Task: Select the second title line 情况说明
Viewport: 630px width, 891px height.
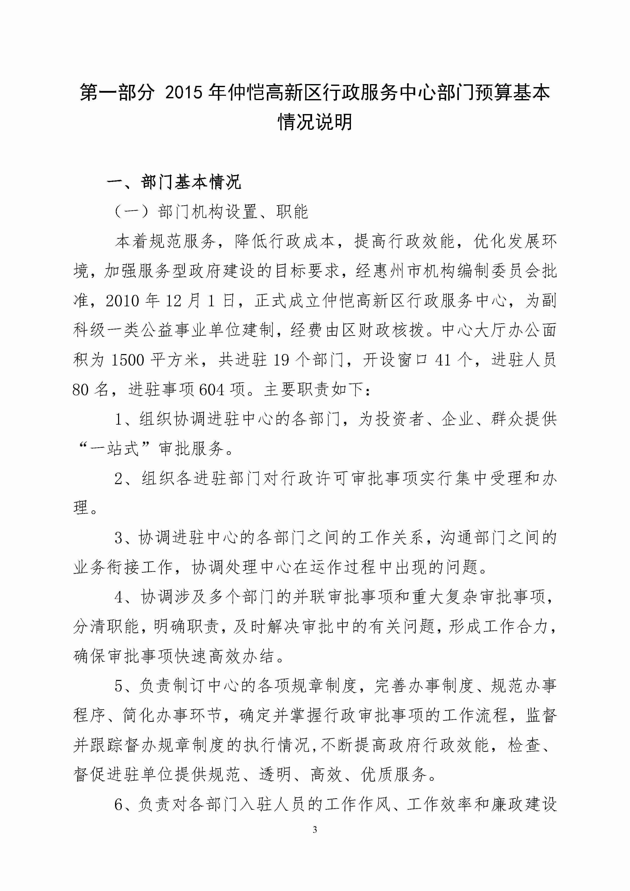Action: [315, 122]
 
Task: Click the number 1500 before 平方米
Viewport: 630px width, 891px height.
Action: [128, 360]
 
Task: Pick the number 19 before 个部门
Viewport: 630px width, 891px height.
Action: [281, 360]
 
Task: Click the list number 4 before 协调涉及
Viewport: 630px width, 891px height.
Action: [119, 598]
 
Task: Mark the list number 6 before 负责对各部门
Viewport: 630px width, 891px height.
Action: [119, 805]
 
